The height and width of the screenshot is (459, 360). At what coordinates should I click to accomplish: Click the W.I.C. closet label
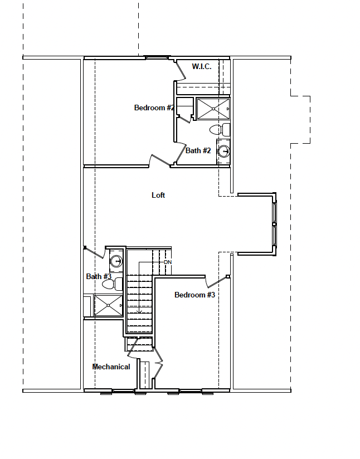(201, 66)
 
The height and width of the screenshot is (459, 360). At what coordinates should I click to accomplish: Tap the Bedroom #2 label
(154, 108)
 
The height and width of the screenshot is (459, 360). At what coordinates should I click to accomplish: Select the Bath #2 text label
(198, 150)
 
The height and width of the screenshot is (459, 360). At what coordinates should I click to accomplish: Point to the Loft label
(158, 195)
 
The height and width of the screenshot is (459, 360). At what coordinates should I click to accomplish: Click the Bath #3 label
(99, 276)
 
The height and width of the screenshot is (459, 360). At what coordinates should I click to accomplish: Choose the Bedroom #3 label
(194, 295)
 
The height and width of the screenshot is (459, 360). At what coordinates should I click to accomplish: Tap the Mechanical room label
(111, 367)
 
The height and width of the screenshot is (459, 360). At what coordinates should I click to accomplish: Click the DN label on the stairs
(168, 262)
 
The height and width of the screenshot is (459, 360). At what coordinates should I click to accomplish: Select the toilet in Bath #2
(220, 130)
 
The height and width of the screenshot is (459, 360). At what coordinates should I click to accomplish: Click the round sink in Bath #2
(224, 151)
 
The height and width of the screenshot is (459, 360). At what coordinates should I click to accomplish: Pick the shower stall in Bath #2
(212, 109)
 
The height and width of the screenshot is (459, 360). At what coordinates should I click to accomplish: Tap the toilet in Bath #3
(112, 284)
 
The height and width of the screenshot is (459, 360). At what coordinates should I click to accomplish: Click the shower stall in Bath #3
(108, 305)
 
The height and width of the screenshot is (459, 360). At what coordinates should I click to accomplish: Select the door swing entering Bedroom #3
(212, 282)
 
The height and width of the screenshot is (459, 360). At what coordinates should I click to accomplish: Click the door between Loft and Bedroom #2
(159, 160)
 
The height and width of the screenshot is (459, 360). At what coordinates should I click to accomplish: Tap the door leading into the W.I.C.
(181, 70)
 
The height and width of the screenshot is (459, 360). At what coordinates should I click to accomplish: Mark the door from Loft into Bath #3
(94, 253)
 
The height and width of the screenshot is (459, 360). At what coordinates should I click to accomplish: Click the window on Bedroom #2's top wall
(157, 57)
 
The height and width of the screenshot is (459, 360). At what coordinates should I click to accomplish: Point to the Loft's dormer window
(274, 223)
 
